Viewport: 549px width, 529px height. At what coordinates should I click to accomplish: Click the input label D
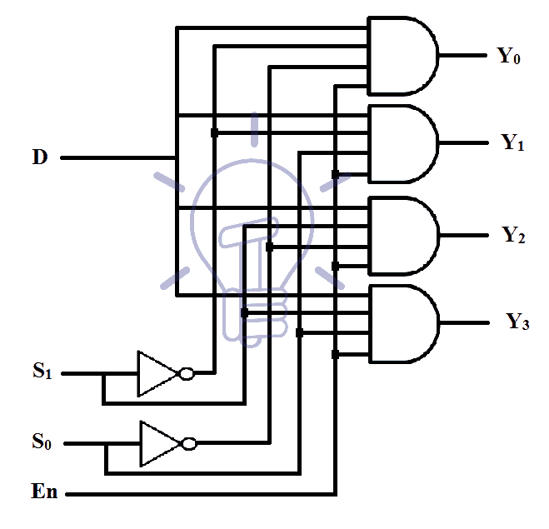pyautogui.click(x=39, y=157)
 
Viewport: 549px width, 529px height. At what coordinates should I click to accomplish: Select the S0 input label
pyautogui.click(x=42, y=442)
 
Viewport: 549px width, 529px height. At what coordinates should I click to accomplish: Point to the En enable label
pyautogui.click(x=44, y=492)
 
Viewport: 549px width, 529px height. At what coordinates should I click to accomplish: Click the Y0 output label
pyautogui.click(x=509, y=57)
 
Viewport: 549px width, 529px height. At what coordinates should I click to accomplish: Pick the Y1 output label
pyautogui.click(x=512, y=142)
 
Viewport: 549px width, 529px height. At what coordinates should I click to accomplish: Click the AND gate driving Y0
pyautogui.click(x=402, y=56)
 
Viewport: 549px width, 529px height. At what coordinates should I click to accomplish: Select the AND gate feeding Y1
pyautogui.click(x=402, y=143)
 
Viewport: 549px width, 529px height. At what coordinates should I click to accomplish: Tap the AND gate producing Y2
pyautogui.click(x=402, y=235)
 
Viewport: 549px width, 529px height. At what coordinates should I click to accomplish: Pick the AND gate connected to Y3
pyautogui.click(x=402, y=324)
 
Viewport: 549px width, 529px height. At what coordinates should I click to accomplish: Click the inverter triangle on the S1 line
pyautogui.click(x=157, y=373)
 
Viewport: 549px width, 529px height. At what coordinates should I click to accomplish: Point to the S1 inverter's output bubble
pyautogui.click(x=187, y=374)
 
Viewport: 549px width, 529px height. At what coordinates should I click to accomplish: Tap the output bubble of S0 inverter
pyautogui.click(x=190, y=444)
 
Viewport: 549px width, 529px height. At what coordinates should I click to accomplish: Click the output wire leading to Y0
pyautogui.click(x=462, y=57)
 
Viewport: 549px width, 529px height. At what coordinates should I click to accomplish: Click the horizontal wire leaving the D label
pyautogui.click(x=117, y=157)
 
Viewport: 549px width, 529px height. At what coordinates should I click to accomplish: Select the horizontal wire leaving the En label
pyautogui.click(x=200, y=494)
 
